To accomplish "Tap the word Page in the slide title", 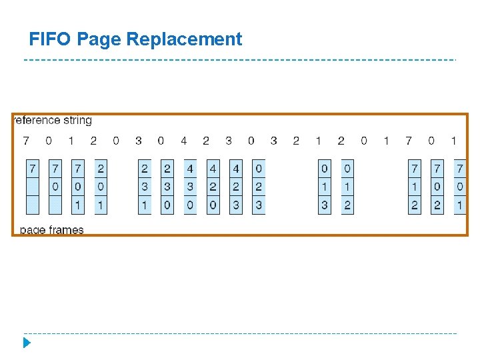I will pos(99,40).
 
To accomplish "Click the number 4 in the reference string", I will pos(183,141).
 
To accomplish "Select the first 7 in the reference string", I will pos(26,141).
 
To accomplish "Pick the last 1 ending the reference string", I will pos(454,141).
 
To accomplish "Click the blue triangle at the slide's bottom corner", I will pos(27,343).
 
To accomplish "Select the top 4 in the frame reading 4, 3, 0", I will pos(190,168).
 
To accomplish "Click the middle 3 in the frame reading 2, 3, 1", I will pos(145,187).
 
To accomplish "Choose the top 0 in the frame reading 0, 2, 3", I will pos(258,168).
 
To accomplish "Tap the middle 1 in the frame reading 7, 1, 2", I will pos(415,187).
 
